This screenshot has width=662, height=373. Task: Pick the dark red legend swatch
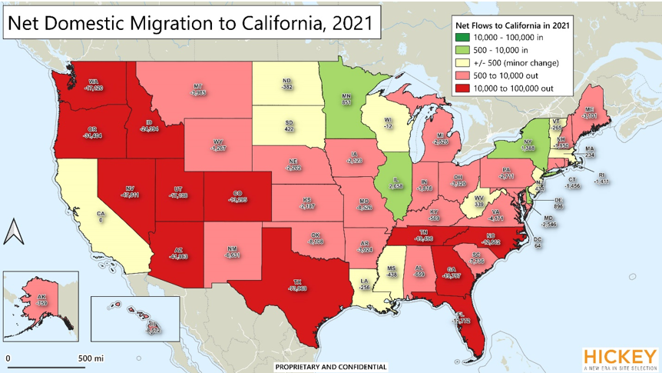[460, 88]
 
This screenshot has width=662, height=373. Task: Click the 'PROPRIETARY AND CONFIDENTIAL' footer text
[331, 367]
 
